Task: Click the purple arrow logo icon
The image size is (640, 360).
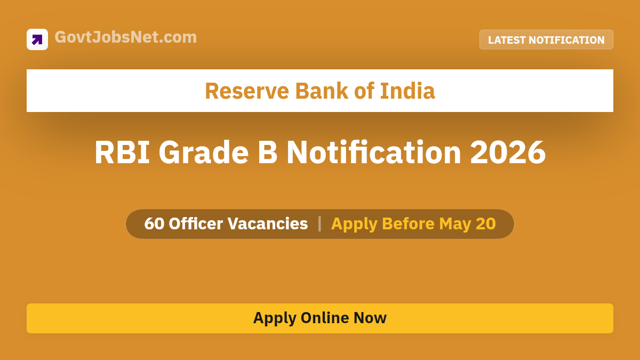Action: (x=37, y=39)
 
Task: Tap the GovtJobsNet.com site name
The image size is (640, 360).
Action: (x=126, y=37)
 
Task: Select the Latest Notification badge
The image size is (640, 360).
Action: (x=546, y=40)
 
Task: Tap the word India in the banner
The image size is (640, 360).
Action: (x=407, y=91)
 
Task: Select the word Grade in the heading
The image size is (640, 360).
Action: (x=204, y=153)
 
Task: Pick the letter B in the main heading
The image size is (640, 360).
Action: (x=268, y=153)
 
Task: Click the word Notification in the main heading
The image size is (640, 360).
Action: (x=374, y=153)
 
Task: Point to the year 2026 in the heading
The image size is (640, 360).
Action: (x=508, y=153)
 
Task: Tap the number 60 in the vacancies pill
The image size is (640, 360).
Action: (x=154, y=224)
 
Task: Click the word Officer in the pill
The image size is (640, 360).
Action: (x=196, y=224)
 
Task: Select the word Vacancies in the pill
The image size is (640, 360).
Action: (x=268, y=224)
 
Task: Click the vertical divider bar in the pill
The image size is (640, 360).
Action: (x=319, y=224)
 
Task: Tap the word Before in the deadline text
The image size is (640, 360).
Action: (x=408, y=224)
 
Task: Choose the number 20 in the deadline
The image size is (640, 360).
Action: (x=486, y=224)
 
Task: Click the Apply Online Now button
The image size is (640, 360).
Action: (x=320, y=318)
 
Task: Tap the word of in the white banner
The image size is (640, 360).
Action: (x=364, y=91)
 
